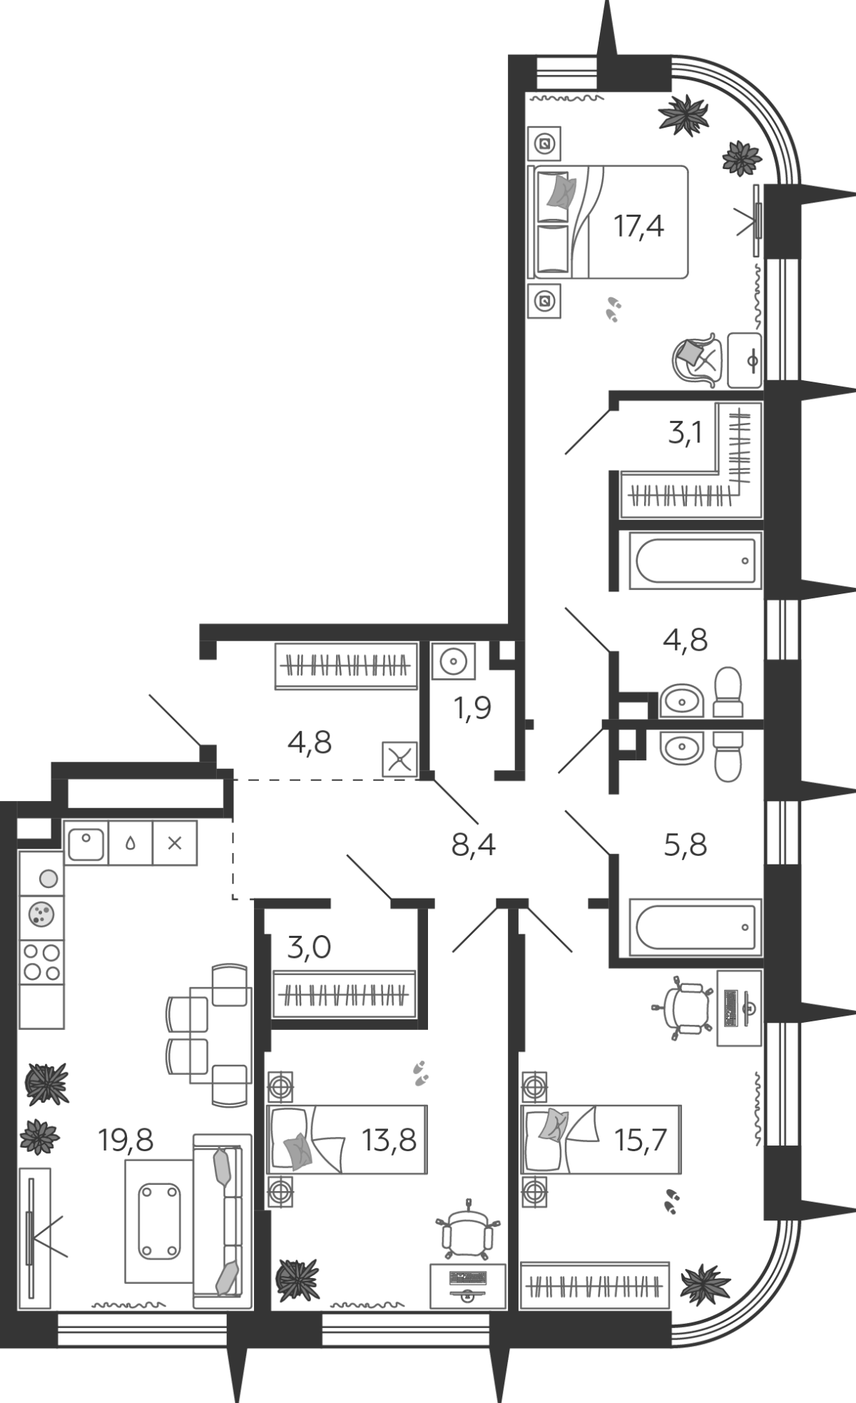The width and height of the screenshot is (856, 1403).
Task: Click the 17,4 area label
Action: click(x=639, y=226)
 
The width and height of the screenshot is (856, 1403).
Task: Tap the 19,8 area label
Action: click(x=126, y=1140)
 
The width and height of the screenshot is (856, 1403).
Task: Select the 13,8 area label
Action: click(x=389, y=1140)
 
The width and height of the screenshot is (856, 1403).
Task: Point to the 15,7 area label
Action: click(x=641, y=1140)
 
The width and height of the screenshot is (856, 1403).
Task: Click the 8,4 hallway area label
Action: click(x=474, y=845)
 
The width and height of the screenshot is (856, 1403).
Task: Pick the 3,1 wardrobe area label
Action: click(x=686, y=432)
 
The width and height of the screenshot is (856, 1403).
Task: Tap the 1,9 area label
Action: click(x=473, y=708)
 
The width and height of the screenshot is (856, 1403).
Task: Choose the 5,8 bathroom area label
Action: click(x=686, y=845)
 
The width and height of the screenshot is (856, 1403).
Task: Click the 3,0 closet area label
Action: click(x=310, y=948)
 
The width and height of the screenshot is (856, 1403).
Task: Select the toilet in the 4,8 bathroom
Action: click(x=728, y=692)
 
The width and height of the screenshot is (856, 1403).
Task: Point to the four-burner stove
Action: click(x=41, y=962)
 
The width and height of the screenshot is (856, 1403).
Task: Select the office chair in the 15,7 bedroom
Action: click(x=682, y=1006)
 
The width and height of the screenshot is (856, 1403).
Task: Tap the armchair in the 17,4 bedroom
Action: click(x=694, y=359)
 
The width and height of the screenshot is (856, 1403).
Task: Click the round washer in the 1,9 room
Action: click(x=453, y=662)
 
